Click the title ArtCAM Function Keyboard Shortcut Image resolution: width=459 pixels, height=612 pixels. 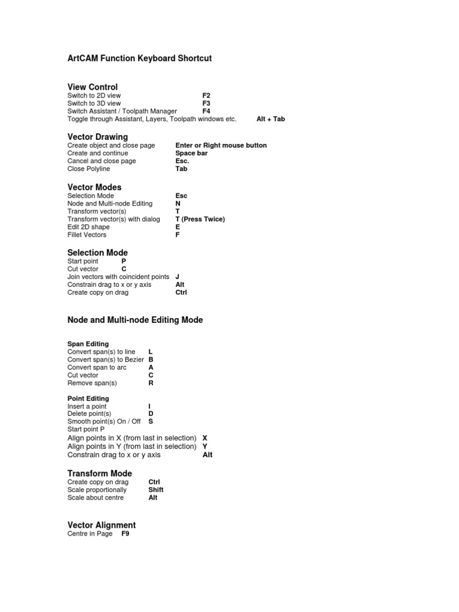pos(139,59)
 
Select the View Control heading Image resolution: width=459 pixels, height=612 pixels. pos(93,87)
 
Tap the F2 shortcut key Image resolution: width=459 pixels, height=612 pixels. pos(206,96)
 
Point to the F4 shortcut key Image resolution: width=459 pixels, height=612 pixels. pos(206,111)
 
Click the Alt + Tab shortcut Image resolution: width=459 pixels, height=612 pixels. pos(270,119)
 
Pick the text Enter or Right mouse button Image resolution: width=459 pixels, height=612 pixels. pos(221,145)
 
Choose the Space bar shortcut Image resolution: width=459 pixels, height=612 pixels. pos(191,153)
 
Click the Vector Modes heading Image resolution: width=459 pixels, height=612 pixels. pos(94,187)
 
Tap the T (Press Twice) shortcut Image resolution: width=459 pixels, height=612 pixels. pos(200,219)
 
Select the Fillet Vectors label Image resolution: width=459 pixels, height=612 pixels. pos(87,235)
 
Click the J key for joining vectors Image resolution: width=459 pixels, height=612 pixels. pos(178,277)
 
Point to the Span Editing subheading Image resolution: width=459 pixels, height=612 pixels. pos(88,344)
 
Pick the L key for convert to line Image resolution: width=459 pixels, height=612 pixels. pos(151,352)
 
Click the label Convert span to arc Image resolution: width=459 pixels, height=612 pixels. pos(97,368)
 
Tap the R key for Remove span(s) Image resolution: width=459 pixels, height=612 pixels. pos(151,383)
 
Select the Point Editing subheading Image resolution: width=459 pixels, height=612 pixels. pos(88,399)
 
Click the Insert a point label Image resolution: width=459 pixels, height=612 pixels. pos(87,406)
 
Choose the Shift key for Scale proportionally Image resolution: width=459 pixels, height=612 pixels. pos(155,489)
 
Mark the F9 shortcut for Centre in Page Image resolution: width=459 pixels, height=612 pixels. pos(126,534)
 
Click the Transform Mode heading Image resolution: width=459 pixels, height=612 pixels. pos(100,473)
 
